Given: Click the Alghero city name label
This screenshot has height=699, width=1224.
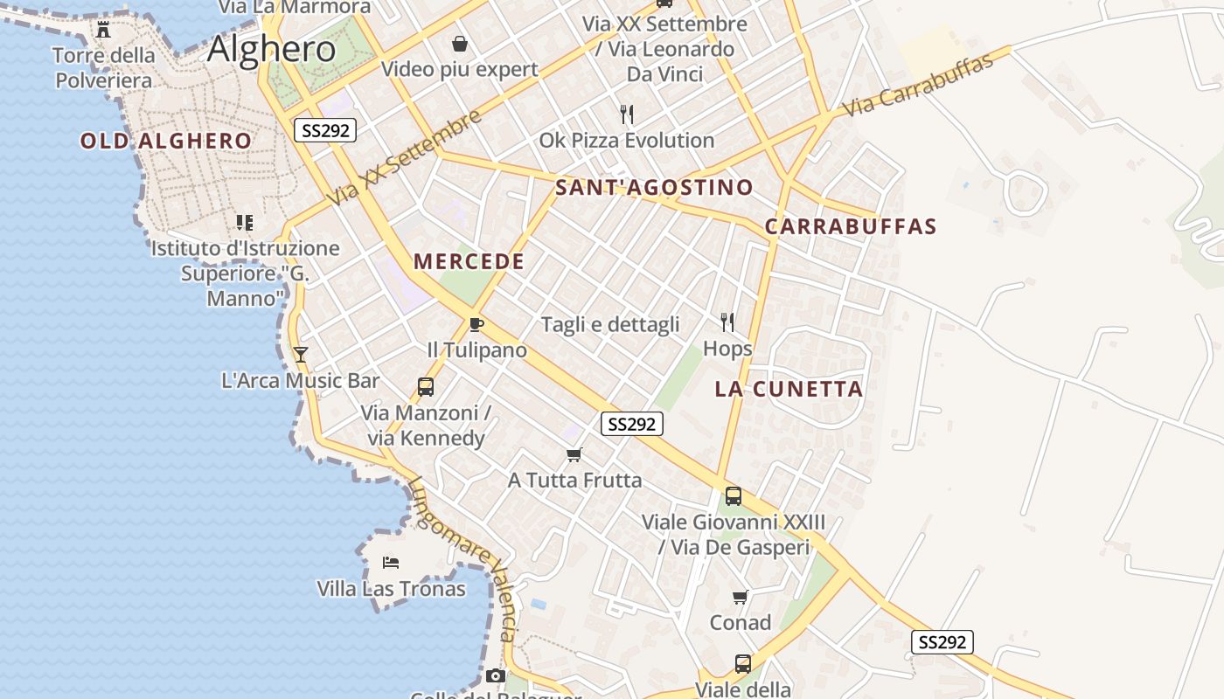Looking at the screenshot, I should tap(271, 49).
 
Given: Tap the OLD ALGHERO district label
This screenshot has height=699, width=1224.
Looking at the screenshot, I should tap(166, 141).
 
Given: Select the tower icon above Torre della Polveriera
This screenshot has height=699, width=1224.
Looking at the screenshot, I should tap(103, 30).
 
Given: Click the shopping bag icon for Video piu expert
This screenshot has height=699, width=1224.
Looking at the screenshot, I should tap(459, 44).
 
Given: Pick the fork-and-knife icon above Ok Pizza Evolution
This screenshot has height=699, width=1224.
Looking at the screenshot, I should tap(626, 114).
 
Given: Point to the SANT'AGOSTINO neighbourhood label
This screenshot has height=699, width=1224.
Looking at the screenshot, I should tap(654, 187).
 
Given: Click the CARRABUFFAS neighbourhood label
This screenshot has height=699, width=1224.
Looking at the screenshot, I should tap(851, 226).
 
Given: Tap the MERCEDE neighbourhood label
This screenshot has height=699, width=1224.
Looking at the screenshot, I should tap(469, 261).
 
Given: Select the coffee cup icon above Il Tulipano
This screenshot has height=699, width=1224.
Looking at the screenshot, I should tap(476, 325).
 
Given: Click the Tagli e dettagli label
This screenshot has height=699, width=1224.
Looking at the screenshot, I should tap(610, 325).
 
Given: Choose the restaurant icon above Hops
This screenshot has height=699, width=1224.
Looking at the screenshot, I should tap(727, 322).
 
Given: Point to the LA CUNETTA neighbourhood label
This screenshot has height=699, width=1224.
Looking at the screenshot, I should tap(789, 390).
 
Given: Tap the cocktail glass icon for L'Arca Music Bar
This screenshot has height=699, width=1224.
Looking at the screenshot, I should tap(301, 355).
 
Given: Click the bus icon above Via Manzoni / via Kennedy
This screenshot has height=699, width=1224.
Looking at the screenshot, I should tap(426, 386).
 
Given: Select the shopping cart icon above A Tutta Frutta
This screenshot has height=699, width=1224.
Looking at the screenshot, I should tap(574, 454).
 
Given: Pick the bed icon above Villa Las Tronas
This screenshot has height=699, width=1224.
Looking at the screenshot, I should tap(391, 562).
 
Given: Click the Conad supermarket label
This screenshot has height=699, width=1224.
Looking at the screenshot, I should tap(741, 623).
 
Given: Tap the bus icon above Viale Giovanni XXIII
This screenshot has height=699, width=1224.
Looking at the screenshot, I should tap(734, 496).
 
